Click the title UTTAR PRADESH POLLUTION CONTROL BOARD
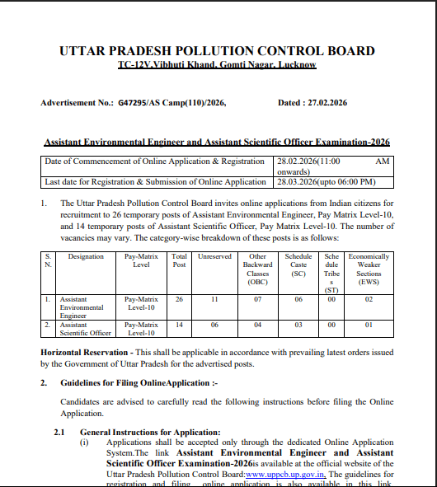[217, 50]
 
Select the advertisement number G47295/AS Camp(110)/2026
[172, 103]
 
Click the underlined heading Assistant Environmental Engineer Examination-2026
[216, 142]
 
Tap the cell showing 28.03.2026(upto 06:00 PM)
[327, 181]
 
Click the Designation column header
[86, 257]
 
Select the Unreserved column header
[214, 257]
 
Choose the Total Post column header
[179, 261]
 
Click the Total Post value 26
[179, 301]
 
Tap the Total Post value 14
[179, 325]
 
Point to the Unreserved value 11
[214, 301]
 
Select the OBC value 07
[257, 301]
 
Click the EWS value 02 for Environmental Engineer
[369, 301]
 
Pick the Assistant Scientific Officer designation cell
[85, 329]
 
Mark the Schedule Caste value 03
[298, 325]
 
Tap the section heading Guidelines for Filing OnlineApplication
[139, 383]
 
